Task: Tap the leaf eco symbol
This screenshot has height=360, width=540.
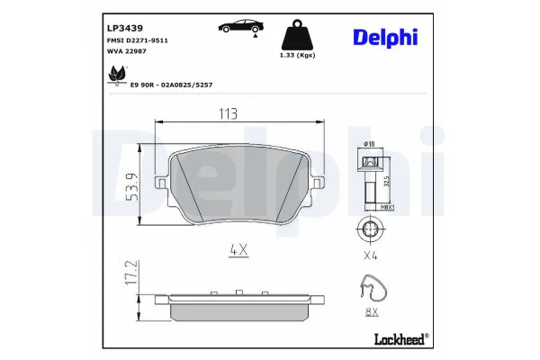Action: pyautogui.click(x=115, y=76)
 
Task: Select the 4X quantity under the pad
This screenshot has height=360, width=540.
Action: pyautogui.click(x=238, y=251)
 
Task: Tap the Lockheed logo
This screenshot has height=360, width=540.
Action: pyautogui.click(x=400, y=337)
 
